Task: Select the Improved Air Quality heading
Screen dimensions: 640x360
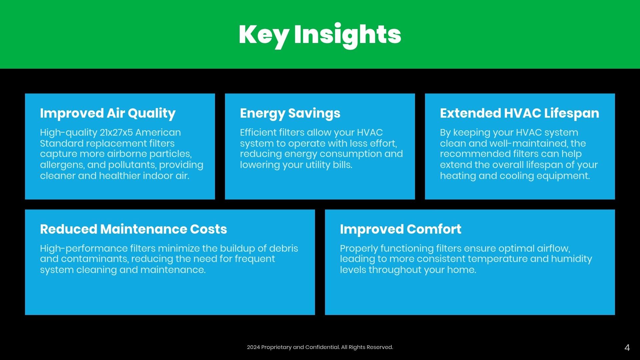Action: pyautogui.click(x=108, y=114)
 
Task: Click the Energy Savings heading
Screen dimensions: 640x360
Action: pyautogui.click(x=290, y=114)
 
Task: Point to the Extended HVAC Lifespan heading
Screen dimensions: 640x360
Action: pyautogui.click(x=519, y=113)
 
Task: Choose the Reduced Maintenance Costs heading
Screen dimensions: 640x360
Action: pyautogui.click(x=133, y=229)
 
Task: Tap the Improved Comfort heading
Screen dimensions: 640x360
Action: pyautogui.click(x=400, y=229)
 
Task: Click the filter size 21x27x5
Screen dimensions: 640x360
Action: pyautogui.click(x=116, y=132)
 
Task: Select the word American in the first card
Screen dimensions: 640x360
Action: pyautogui.click(x=158, y=132)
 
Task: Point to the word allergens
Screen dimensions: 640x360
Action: pyautogui.click(x=62, y=165)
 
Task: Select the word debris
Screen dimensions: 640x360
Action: pyautogui.click(x=284, y=248)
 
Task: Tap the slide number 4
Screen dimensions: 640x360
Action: pyautogui.click(x=627, y=348)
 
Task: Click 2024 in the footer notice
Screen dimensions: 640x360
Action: pyautogui.click(x=253, y=347)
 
